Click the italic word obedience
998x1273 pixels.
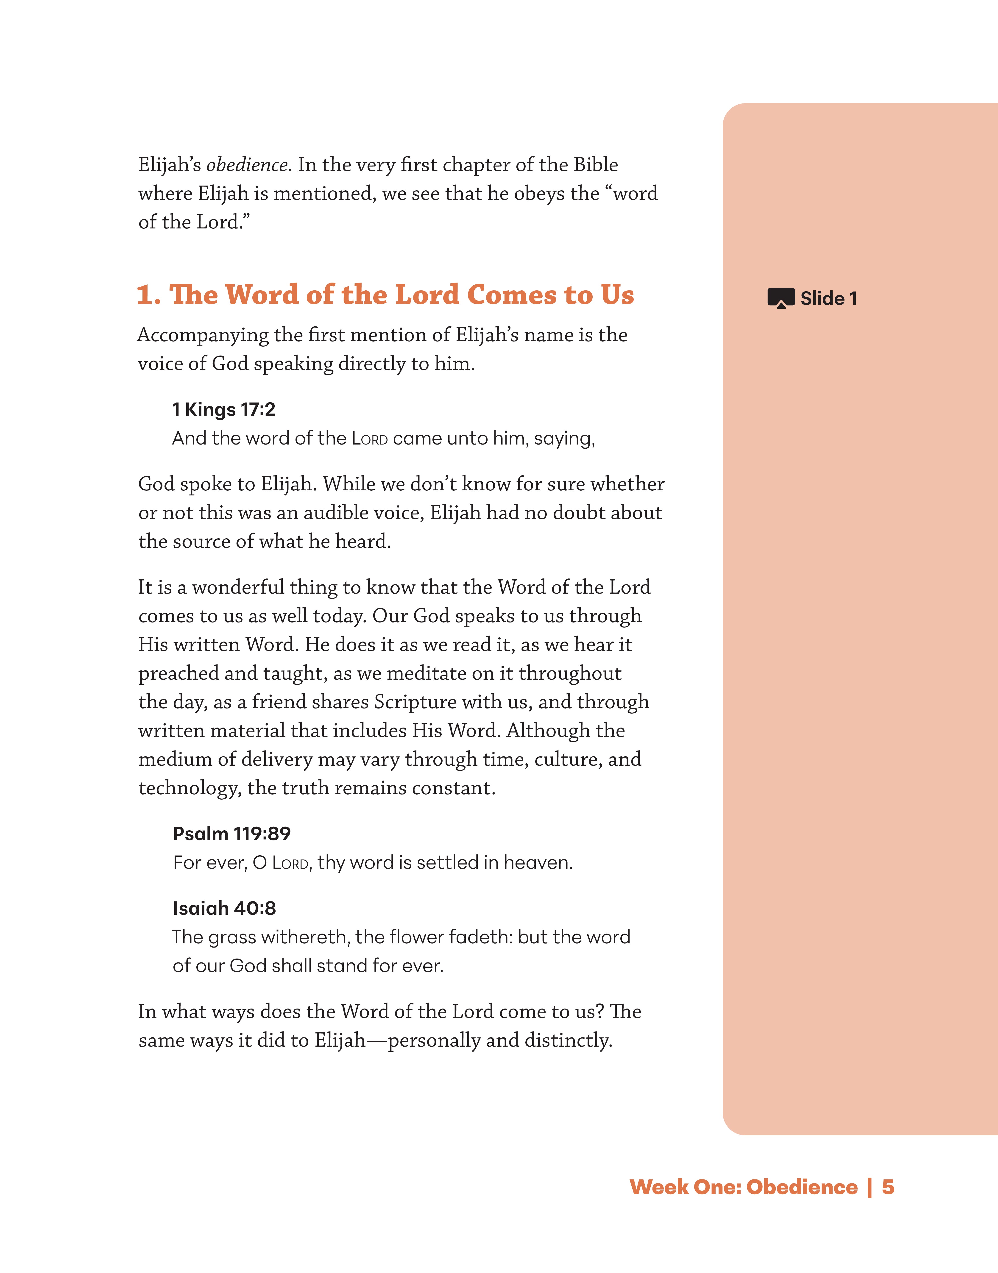(x=247, y=165)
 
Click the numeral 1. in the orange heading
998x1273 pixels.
(x=148, y=295)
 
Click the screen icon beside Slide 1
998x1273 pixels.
(x=781, y=298)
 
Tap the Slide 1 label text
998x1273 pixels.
(x=828, y=299)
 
